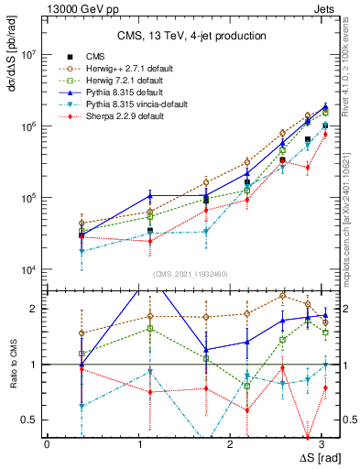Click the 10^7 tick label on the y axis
click(x=27, y=55)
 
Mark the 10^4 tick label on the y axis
click(x=27, y=269)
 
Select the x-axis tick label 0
click(x=46, y=443)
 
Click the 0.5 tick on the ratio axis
click(x=32, y=420)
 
